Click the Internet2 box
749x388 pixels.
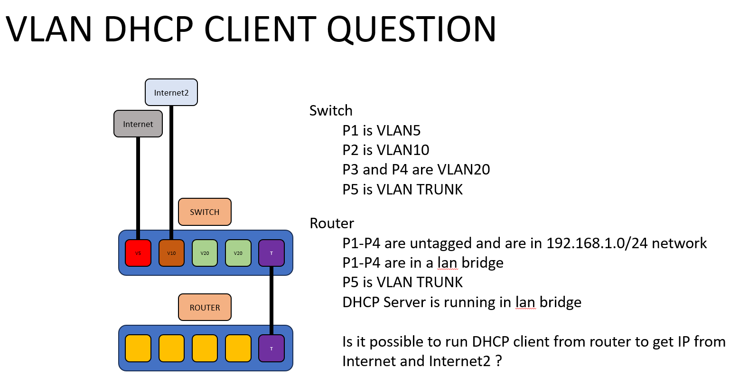(x=171, y=92)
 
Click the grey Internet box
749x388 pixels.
(x=138, y=124)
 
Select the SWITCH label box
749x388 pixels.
(x=205, y=212)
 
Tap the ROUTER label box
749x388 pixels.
(x=205, y=307)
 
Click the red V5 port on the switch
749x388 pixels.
(x=138, y=253)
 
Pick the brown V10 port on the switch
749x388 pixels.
(x=171, y=253)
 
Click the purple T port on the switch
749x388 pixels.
(x=272, y=253)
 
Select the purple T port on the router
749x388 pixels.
(x=272, y=348)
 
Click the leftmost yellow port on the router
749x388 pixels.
(x=138, y=348)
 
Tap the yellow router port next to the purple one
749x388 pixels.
(x=238, y=348)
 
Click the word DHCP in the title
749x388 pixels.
(x=148, y=29)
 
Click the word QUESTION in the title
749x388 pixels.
(x=411, y=29)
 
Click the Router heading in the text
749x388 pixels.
(x=332, y=223)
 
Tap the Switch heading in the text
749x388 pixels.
(x=331, y=110)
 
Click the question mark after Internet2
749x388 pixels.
(x=498, y=361)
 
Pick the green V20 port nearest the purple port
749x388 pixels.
(x=238, y=253)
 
